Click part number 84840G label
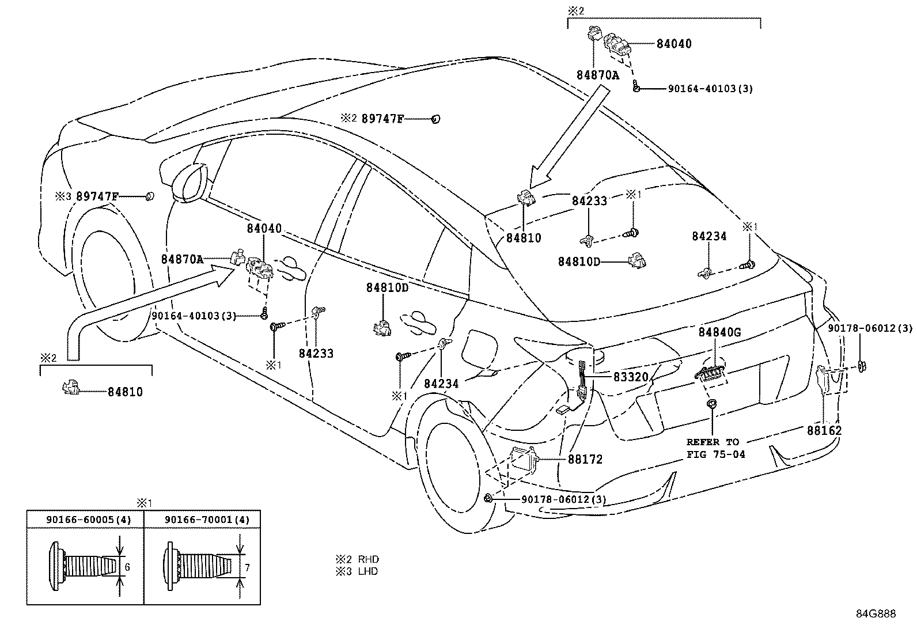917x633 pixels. tap(719, 332)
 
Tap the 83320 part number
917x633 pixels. tap(631, 377)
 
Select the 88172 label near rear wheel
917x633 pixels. tap(585, 460)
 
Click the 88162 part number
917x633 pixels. tap(824, 431)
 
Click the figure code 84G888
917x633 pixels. tap(875, 614)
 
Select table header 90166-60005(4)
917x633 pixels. tap(89, 520)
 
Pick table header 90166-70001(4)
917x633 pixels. tap(206, 520)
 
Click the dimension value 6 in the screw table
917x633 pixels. tap(127, 567)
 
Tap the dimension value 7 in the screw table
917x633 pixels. tap(247, 568)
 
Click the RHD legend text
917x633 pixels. tap(368, 559)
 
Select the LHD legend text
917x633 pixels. tap(368, 571)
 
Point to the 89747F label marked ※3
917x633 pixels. tap(97, 196)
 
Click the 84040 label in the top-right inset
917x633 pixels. tap(674, 44)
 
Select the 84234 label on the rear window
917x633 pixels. tap(709, 236)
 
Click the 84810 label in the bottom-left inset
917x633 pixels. tap(125, 392)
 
